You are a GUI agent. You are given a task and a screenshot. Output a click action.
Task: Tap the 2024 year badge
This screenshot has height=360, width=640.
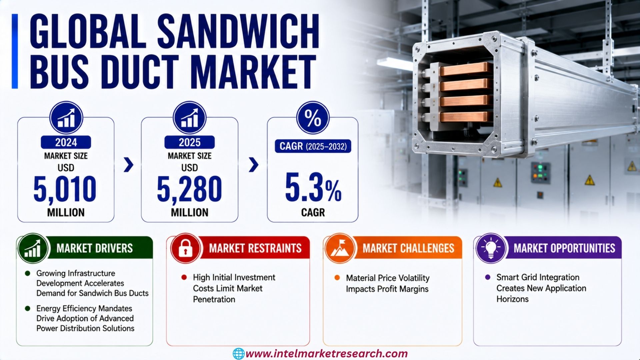[66, 142]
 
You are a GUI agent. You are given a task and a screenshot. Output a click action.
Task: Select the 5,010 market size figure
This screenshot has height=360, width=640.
[65, 189]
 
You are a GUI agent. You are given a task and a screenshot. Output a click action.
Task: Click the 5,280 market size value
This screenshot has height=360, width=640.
[189, 189]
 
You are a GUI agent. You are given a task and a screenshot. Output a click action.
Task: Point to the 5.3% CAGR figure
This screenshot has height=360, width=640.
[313, 187]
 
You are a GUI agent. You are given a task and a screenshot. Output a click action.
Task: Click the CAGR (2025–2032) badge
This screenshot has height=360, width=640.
[313, 146]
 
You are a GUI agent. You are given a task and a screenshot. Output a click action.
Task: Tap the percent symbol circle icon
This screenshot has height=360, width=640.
[313, 118]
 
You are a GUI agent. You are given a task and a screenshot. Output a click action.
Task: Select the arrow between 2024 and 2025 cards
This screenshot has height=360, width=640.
[128, 165]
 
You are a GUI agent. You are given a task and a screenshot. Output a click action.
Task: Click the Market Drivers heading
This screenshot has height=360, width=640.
[95, 248]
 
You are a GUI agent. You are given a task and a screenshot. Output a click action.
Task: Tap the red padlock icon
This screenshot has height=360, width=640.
[185, 249]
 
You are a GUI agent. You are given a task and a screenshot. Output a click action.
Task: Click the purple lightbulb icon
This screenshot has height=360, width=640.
[490, 249]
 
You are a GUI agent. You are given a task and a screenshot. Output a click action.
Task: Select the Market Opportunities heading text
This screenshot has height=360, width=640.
[564, 248]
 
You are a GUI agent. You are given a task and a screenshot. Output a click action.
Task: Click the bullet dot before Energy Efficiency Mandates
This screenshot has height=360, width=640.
[28, 309]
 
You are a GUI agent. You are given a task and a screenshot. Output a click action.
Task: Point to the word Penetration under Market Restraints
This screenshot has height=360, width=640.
[214, 299]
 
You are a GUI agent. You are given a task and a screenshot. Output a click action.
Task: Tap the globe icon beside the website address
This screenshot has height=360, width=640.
[238, 354]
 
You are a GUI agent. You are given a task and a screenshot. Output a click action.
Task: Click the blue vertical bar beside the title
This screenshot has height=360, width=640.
[15, 51]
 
